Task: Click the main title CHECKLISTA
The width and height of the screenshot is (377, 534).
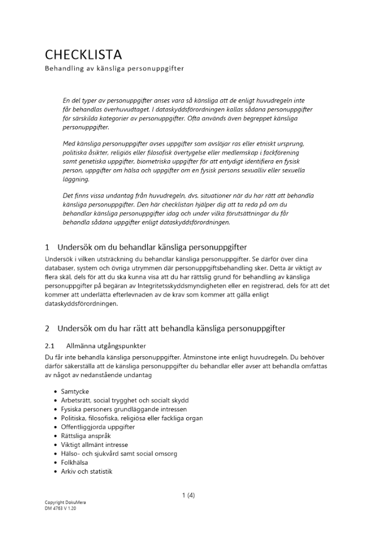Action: (x=83, y=54)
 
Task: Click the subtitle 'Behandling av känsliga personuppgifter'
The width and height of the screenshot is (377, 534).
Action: (x=114, y=69)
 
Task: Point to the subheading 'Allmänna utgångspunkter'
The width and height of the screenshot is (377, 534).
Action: (x=106, y=345)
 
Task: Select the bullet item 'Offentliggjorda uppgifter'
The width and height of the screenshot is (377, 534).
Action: (x=98, y=427)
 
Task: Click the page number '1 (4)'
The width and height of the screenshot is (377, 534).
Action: (x=188, y=495)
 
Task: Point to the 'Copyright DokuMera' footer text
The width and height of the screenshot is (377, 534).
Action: (x=64, y=503)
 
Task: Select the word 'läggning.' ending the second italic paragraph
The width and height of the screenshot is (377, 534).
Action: (x=75, y=180)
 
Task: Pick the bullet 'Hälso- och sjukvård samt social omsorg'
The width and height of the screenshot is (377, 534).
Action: (x=119, y=453)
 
